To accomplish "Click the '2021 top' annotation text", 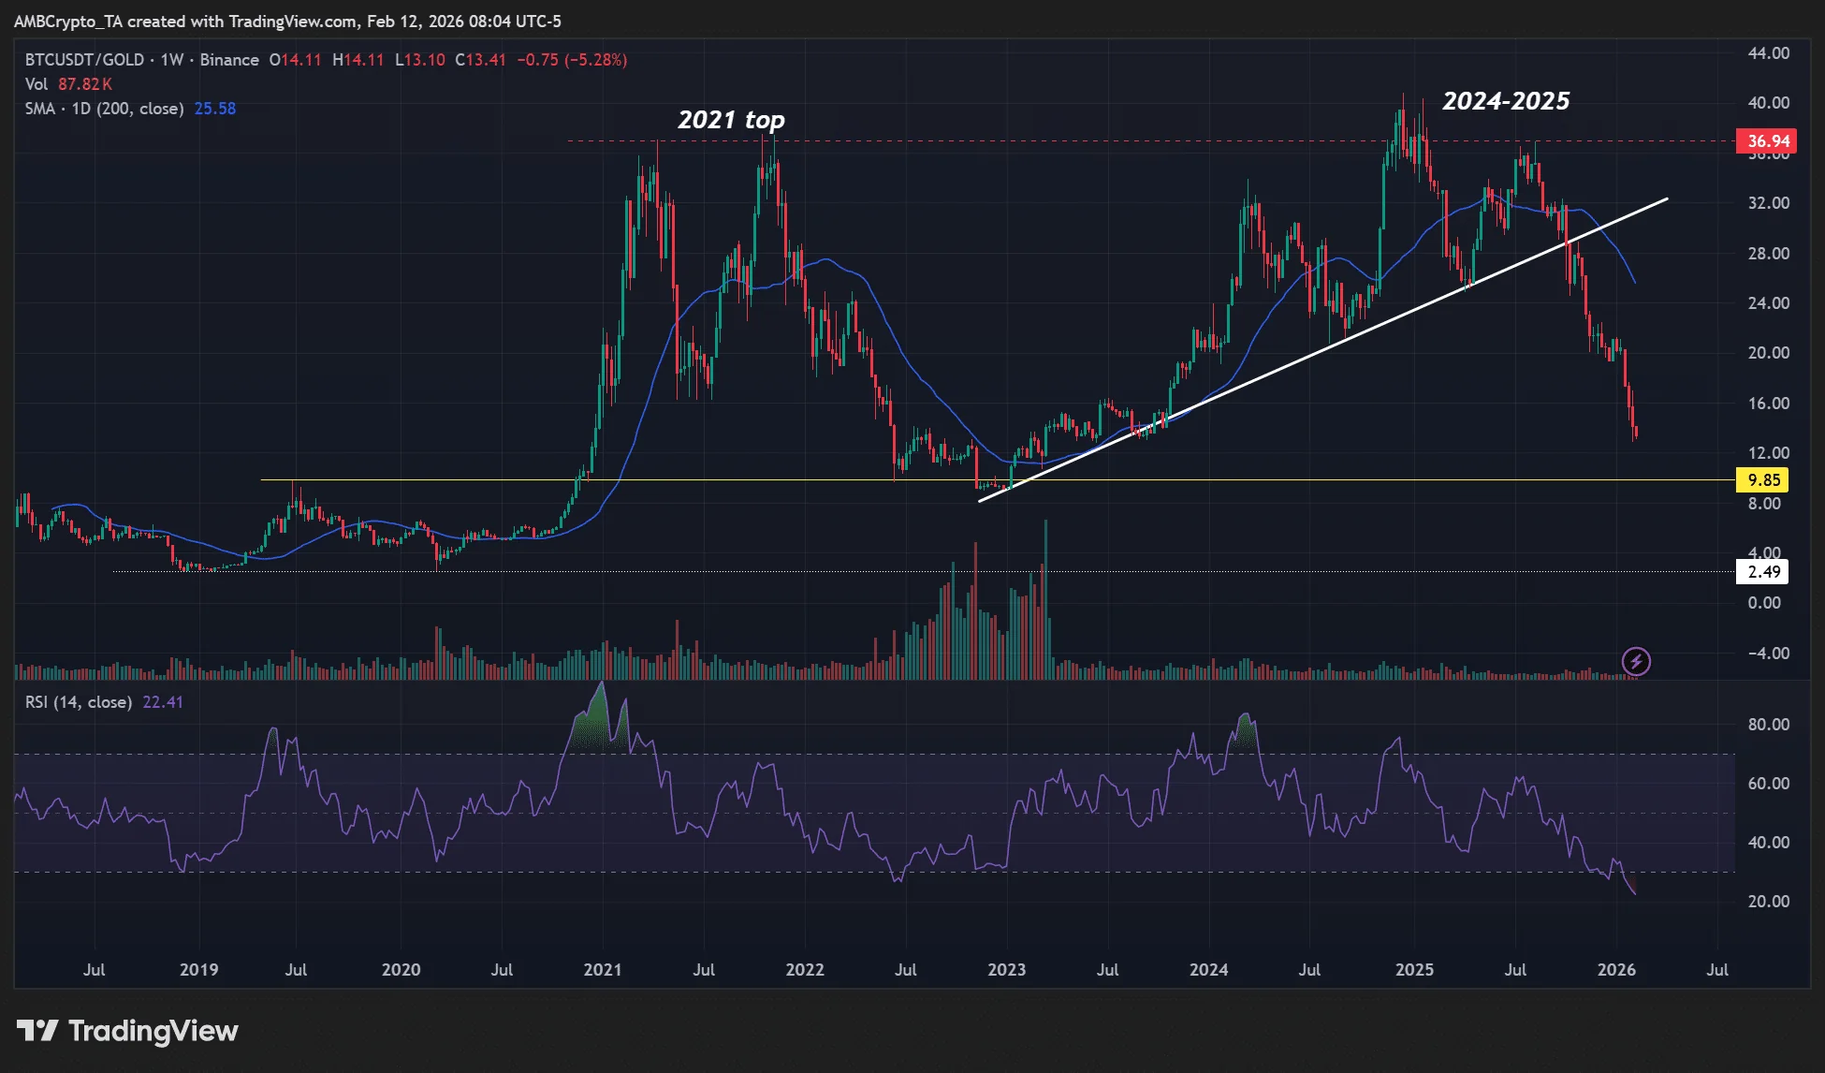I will click(731, 120).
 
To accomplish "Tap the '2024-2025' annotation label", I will click(1506, 101).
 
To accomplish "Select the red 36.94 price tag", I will click(1766, 141).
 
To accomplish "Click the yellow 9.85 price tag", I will click(1762, 480).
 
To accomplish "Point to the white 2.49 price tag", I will click(1762, 572).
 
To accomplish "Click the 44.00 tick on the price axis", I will click(1768, 53).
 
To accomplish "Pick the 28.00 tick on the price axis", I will click(1768, 254).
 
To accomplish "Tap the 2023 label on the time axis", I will click(1006, 970).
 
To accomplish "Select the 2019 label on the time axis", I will click(198, 970).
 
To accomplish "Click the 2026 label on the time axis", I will click(1616, 970).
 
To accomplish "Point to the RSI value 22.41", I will click(163, 702).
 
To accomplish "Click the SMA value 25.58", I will click(215, 109).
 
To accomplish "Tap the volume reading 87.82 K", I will click(84, 84).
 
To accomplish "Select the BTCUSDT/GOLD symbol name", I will click(84, 60).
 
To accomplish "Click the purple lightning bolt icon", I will click(1636, 662).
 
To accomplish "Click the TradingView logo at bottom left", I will click(127, 1031).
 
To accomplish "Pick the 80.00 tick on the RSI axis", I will click(1768, 725).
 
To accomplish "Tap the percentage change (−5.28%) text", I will click(598, 60).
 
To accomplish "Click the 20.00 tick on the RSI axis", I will click(1768, 902).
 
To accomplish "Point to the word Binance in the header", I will click(229, 60).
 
